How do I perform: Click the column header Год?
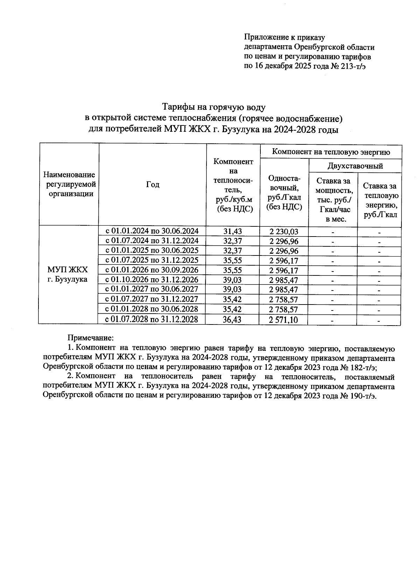point(153,185)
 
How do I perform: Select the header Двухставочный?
point(355,166)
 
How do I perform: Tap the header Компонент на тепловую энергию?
point(331,152)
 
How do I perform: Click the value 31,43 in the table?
point(233,231)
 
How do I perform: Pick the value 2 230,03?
point(284,232)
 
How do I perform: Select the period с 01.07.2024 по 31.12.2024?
point(152,241)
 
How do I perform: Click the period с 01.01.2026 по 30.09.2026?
point(152,270)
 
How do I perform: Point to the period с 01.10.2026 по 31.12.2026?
point(152,280)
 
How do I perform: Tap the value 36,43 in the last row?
point(232,320)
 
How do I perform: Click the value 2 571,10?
point(284,320)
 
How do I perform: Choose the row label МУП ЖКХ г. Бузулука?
point(68,274)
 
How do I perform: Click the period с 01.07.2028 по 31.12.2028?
point(152,319)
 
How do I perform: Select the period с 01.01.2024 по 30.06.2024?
point(152,231)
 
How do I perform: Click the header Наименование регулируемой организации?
point(69,184)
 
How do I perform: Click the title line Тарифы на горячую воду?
point(213,107)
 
